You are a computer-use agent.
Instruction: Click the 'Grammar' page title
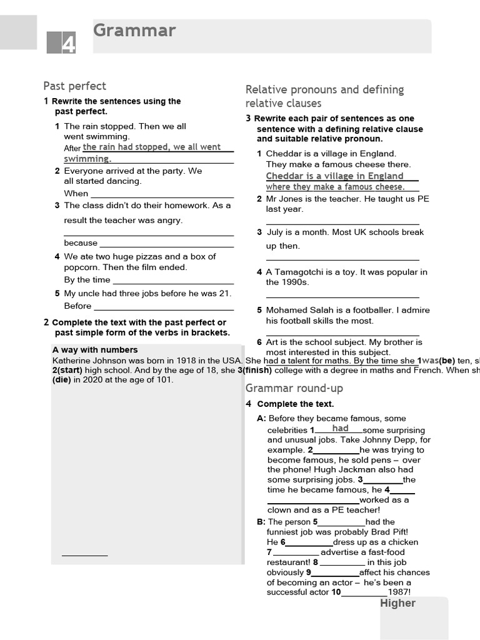tap(134, 31)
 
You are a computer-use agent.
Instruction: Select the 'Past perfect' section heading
tap(74, 86)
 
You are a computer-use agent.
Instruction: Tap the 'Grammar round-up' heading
tap(294, 388)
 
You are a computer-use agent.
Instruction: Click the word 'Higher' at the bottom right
tap(397, 603)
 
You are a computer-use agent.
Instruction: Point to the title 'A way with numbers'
tap(95, 350)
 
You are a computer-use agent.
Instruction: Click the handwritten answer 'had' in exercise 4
tap(341, 429)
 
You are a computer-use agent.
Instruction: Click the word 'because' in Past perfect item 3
tap(81, 243)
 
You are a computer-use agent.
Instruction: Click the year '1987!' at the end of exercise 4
tap(399, 592)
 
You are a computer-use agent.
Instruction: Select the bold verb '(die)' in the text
tap(62, 380)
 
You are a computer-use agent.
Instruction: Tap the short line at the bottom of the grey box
tap(84, 554)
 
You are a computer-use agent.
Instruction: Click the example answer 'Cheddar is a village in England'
tap(334, 176)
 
